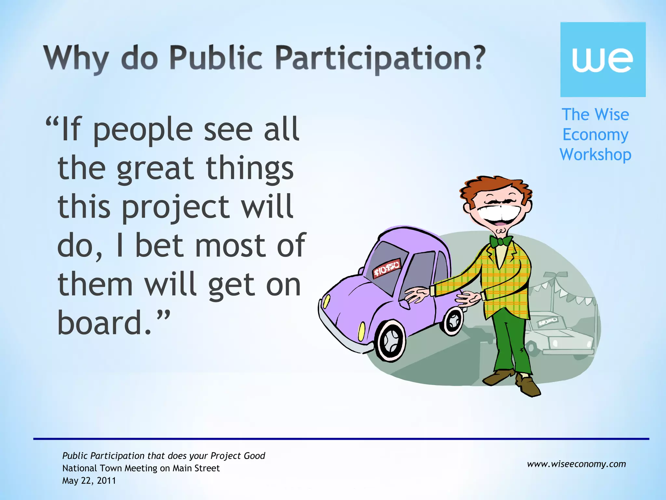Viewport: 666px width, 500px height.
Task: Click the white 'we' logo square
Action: [603, 59]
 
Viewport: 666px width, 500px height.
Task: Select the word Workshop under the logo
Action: [595, 155]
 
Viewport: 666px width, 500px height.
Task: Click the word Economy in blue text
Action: [595, 134]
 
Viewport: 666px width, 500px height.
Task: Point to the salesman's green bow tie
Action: [501, 241]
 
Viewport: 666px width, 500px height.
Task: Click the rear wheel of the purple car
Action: [453, 321]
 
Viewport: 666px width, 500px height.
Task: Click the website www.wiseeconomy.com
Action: [576, 464]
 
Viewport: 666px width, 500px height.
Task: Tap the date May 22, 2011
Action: [89, 480]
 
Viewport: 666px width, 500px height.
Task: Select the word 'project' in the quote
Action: [176, 207]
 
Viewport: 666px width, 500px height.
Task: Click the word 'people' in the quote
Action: [143, 130]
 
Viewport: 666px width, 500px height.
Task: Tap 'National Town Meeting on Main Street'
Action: [141, 468]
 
